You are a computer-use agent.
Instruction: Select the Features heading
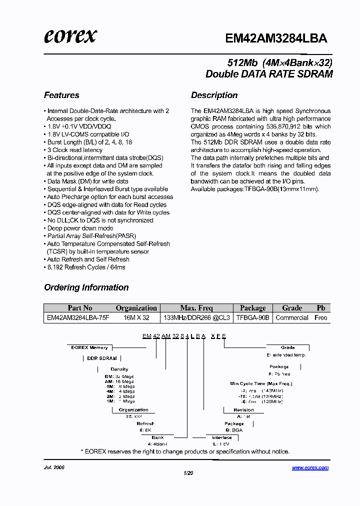61,95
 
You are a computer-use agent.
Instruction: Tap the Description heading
214,95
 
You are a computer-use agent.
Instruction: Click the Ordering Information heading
86,287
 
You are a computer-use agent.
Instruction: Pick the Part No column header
80,308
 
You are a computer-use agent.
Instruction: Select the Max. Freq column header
196,308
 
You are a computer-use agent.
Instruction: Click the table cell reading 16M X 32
136,317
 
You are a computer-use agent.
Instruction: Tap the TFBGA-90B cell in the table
252,317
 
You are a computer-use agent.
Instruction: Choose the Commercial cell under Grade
292,317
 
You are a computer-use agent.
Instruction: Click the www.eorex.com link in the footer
310,467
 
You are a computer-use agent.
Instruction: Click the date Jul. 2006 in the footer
54,467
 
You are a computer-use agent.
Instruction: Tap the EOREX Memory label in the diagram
89,347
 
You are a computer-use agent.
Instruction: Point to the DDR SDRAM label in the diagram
102,358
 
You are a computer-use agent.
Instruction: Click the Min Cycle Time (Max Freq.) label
261,383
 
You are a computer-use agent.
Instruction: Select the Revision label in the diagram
244,410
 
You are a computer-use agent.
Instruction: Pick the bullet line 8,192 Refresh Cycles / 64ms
86,267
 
